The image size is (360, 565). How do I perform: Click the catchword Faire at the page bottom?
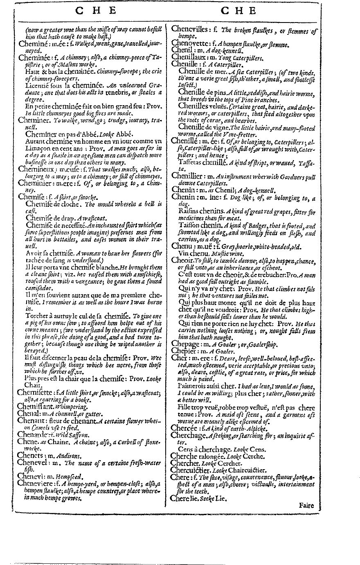click(x=306, y=505)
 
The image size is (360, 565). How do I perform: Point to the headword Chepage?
click(x=185, y=344)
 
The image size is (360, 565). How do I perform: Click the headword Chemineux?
click(x=35, y=169)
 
